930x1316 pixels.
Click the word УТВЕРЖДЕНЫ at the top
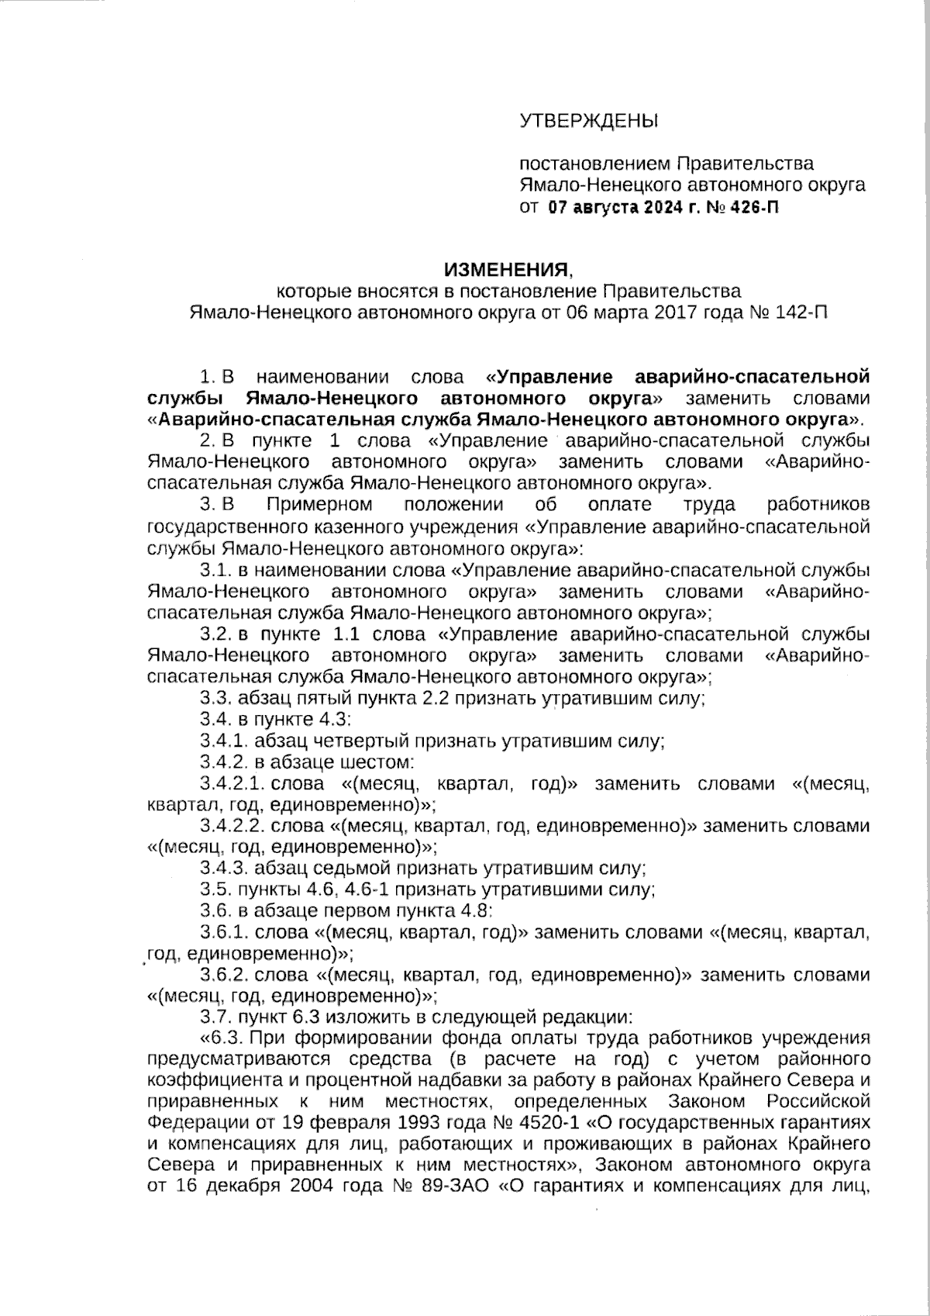pyautogui.click(x=587, y=121)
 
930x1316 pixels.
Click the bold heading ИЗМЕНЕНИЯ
pyautogui.click(x=506, y=270)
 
